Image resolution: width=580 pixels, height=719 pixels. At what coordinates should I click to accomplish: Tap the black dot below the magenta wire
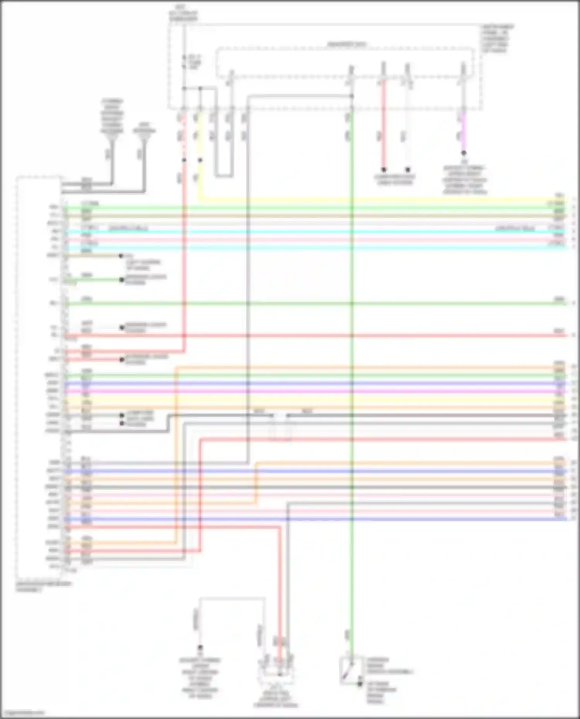click(464, 153)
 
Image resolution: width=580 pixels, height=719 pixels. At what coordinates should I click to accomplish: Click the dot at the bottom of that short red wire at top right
click(384, 170)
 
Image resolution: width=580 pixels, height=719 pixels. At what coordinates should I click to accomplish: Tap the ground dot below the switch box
click(360, 684)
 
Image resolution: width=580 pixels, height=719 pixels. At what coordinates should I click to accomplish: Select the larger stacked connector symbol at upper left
click(112, 116)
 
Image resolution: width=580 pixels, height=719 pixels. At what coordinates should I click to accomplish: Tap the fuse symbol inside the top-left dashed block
click(185, 62)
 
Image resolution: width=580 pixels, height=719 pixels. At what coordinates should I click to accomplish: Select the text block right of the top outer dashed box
click(497, 39)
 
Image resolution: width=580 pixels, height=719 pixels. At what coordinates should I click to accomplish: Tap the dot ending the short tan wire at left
click(121, 256)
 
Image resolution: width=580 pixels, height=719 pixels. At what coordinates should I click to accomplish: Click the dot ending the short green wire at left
click(122, 280)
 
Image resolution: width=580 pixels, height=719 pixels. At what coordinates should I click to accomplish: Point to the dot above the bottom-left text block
click(200, 647)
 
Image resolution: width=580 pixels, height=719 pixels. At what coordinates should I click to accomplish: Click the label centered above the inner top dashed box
click(346, 44)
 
